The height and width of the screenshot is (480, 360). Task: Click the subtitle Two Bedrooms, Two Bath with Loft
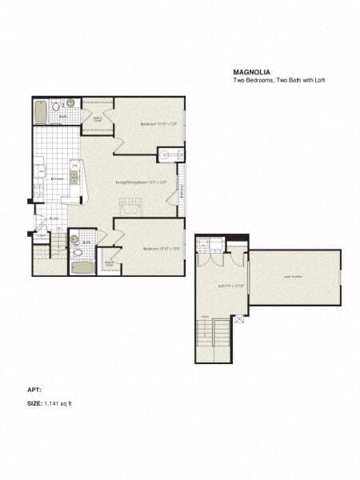tap(278, 78)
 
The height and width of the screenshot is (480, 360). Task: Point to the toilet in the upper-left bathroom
tap(56, 105)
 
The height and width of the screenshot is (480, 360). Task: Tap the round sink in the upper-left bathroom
tap(70, 103)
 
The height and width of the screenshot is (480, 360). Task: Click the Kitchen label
tap(57, 179)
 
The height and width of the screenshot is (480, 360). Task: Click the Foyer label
tap(54, 218)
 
